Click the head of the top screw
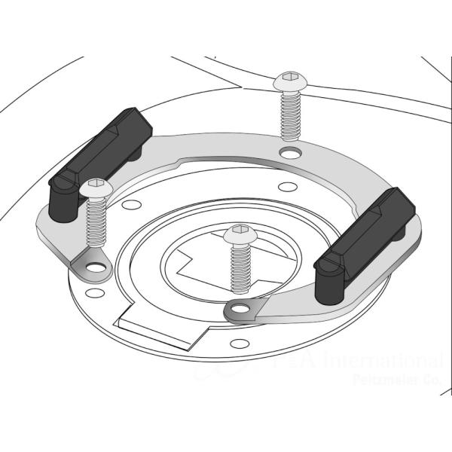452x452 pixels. [x=288, y=81]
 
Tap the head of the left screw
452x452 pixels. [x=96, y=188]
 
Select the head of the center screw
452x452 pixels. [x=239, y=232]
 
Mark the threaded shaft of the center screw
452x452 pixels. [x=240, y=267]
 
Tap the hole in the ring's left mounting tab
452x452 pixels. [x=94, y=267]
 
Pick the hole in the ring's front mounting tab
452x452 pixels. [x=240, y=308]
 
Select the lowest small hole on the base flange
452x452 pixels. [x=240, y=344]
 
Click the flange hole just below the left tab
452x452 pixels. [x=93, y=292]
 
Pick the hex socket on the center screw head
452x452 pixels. [x=239, y=228]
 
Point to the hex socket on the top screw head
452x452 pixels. [x=288, y=78]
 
